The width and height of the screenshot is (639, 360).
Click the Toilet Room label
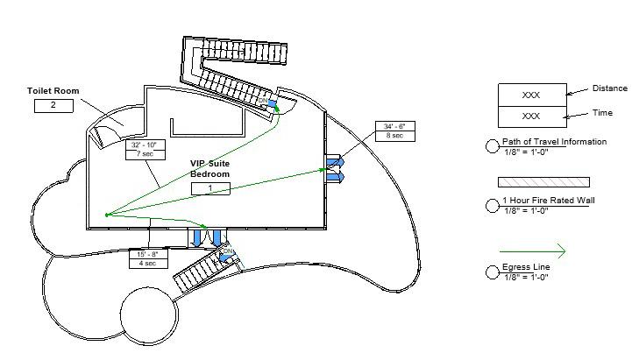(x=54, y=90)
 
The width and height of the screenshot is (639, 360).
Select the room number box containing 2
(x=53, y=106)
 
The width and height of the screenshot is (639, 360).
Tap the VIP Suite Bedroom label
(x=210, y=169)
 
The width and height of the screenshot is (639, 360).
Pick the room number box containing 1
(x=210, y=188)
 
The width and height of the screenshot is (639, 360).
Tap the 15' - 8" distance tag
(x=147, y=254)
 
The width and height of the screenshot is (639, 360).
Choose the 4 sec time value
(x=147, y=264)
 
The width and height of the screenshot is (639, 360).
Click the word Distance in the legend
(x=609, y=88)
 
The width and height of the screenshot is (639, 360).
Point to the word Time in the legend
(x=603, y=113)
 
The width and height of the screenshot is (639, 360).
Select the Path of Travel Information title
(x=554, y=142)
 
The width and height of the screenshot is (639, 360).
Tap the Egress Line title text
(x=524, y=268)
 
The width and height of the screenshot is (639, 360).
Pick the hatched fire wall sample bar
(x=543, y=182)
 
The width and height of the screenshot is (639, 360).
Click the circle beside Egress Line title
(x=493, y=272)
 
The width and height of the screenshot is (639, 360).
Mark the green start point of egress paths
(x=106, y=214)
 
